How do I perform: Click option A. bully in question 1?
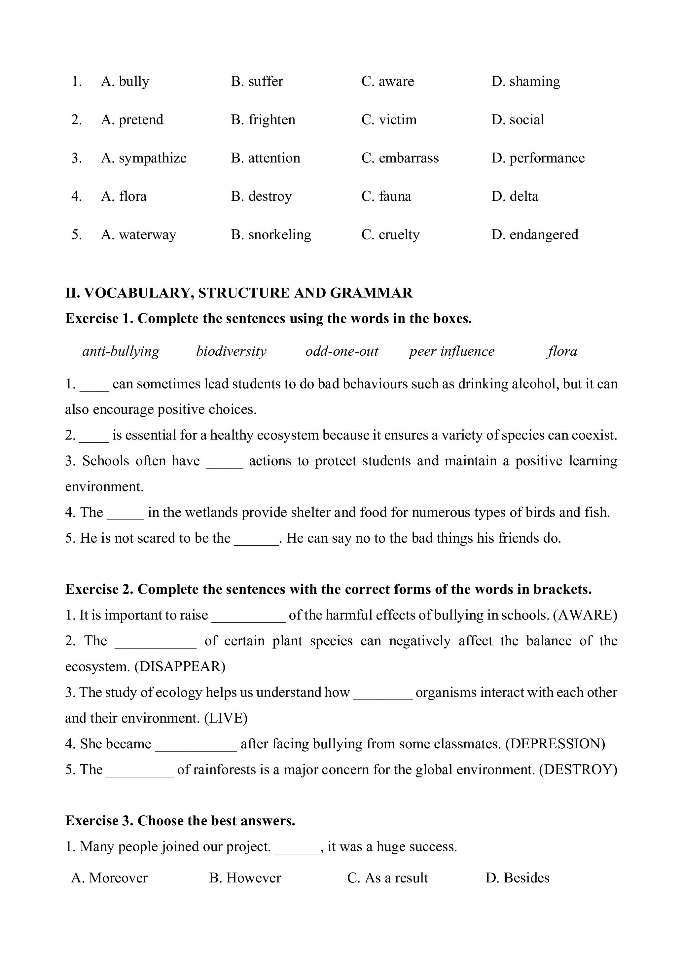(x=125, y=81)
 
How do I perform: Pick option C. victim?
(x=389, y=120)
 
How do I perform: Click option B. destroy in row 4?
(x=261, y=197)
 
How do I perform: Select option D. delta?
(x=515, y=197)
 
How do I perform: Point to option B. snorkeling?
(x=271, y=234)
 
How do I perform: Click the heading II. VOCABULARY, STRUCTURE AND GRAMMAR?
(x=239, y=293)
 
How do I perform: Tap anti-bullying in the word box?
(x=121, y=351)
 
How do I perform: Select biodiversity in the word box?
(x=231, y=351)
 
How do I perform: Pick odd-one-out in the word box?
(x=341, y=351)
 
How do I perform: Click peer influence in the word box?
(x=452, y=351)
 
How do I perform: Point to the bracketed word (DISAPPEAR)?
(x=180, y=666)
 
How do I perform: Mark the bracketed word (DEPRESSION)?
(x=555, y=744)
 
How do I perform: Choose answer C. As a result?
(x=387, y=877)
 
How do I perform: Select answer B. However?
(x=245, y=877)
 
